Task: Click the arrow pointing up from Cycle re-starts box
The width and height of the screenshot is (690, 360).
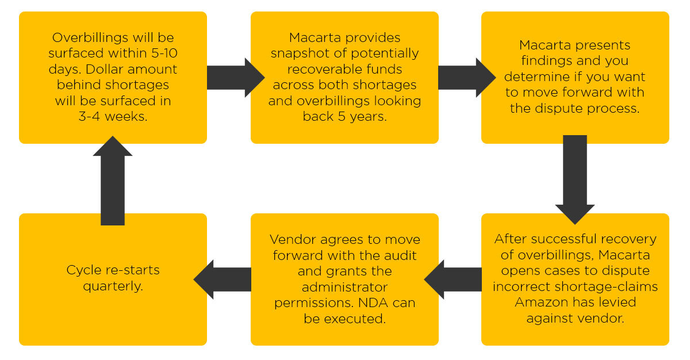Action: pyautogui.click(x=113, y=181)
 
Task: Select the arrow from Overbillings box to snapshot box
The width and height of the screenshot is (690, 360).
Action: pyautogui.click(x=236, y=78)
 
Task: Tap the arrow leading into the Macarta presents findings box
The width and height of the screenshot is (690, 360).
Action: pyautogui.click(x=467, y=78)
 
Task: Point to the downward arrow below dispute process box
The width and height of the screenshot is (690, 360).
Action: pyautogui.click(x=575, y=180)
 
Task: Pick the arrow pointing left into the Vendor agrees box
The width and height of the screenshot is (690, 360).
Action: pyautogui.click(x=453, y=279)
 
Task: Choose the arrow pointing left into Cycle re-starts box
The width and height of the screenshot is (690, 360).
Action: pyautogui.click(x=223, y=279)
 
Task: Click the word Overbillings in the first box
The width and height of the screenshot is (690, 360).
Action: pyautogui.click(x=90, y=38)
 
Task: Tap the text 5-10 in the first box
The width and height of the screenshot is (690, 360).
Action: pyautogui.click(x=164, y=53)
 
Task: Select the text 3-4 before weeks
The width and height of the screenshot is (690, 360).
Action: pyautogui.click(x=89, y=116)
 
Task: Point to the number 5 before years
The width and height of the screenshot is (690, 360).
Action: pyautogui.click(x=342, y=116)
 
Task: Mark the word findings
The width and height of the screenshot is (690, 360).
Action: pyautogui.click(x=544, y=61)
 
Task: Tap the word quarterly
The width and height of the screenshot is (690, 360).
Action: pyautogui.click(x=113, y=287)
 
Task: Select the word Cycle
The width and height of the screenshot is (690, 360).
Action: pyautogui.click(x=84, y=271)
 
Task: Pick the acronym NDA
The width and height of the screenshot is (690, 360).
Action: pyautogui.click(x=373, y=302)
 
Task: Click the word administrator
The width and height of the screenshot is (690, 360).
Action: pyautogui.click(x=344, y=288)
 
